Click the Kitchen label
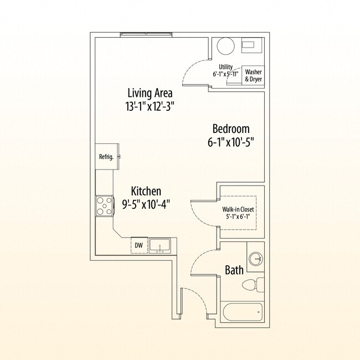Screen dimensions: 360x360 (x=146, y=191)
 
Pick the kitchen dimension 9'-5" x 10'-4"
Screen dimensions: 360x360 (x=146, y=204)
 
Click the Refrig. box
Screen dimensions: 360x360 (x=106, y=156)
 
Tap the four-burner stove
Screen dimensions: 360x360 (x=104, y=205)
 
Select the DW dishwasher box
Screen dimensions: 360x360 (x=138, y=245)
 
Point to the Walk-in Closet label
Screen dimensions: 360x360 (x=238, y=209)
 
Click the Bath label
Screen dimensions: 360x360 (x=234, y=270)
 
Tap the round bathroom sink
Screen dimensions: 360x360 (x=255, y=258)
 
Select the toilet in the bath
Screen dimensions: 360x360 (x=252, y=285)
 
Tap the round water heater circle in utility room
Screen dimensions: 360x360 (x=226, y=46)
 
